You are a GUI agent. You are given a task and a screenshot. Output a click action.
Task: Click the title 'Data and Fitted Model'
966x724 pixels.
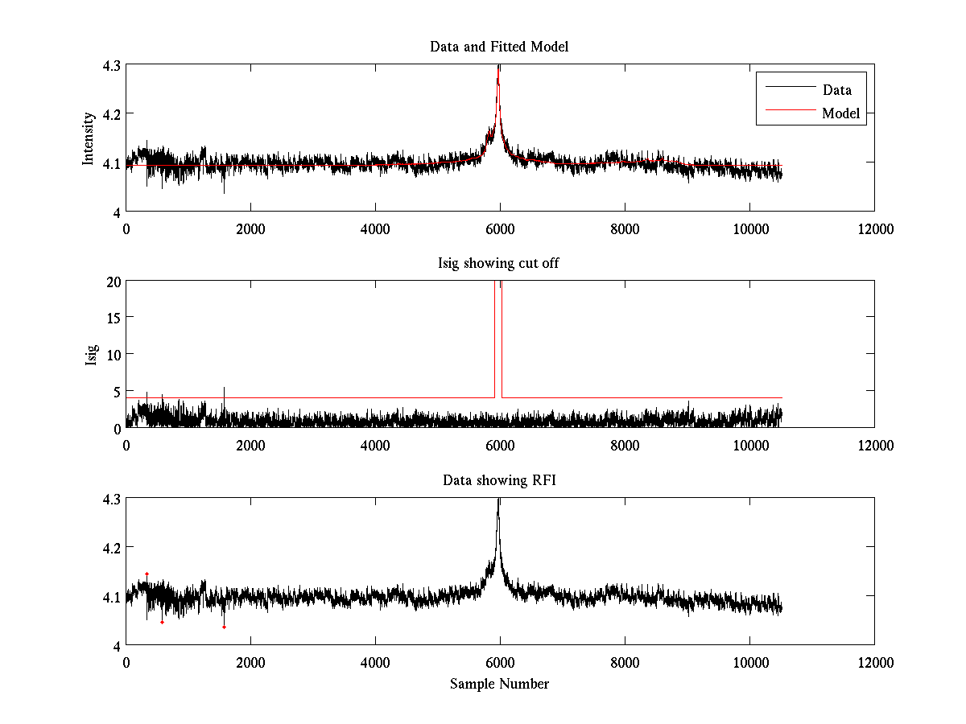click(499, 47)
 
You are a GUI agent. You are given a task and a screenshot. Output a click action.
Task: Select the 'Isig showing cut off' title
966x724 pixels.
click(499, 264)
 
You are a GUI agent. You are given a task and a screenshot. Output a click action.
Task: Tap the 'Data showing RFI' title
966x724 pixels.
click(499, 481)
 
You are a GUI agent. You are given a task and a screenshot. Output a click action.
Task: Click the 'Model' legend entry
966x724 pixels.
click(840, 113)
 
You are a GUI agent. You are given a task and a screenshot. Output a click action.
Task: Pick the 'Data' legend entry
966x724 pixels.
click(836, 90)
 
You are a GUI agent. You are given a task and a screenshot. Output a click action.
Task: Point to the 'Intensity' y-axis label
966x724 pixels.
click(89, 138)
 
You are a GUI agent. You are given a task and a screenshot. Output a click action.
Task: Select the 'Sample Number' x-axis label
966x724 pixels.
click(499, 685)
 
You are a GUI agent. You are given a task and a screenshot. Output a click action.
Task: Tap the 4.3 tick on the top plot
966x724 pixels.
click(111, 66)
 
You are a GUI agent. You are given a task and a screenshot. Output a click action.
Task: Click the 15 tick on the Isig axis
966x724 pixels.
click(113, 318)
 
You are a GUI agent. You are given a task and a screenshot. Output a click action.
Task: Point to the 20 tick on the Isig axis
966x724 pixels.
click(113, 282)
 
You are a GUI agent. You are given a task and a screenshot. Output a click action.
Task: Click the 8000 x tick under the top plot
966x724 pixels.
click(625, 229)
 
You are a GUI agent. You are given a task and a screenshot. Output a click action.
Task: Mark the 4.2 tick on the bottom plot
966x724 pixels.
click(111, 548)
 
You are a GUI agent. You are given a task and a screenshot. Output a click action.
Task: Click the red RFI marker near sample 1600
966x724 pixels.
click(224, 627)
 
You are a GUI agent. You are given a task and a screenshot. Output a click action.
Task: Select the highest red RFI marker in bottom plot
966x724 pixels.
click(147, 574)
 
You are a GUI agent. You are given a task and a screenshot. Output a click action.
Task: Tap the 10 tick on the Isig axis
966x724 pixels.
click(113, 354)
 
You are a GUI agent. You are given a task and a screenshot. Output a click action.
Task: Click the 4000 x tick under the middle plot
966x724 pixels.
click(375, 446)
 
